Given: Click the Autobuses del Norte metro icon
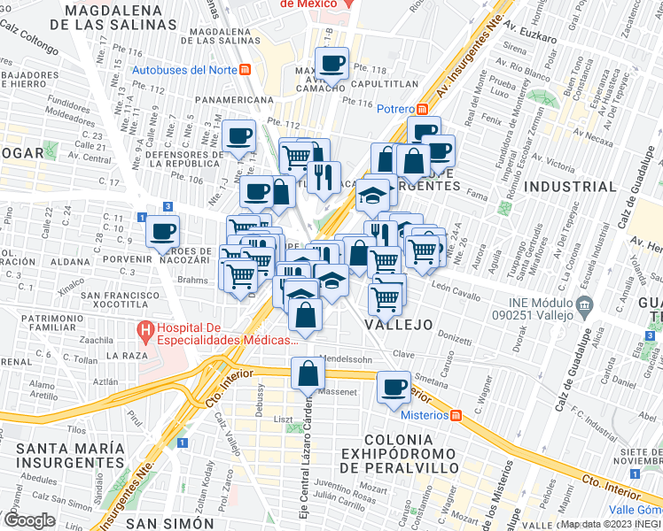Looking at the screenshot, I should point(245,70).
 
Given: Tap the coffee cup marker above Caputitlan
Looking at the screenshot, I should point(332,65).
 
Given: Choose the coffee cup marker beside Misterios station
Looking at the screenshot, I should point(394,388).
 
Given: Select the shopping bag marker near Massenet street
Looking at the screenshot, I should point(307,374).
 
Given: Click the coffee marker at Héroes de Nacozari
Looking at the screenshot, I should point(162,234).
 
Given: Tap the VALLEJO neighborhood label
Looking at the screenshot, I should point(398,325).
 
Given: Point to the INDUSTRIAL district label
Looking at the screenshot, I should point(570,187).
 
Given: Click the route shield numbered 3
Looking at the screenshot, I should point(168,206).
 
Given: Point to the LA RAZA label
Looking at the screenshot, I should point(123,354).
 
